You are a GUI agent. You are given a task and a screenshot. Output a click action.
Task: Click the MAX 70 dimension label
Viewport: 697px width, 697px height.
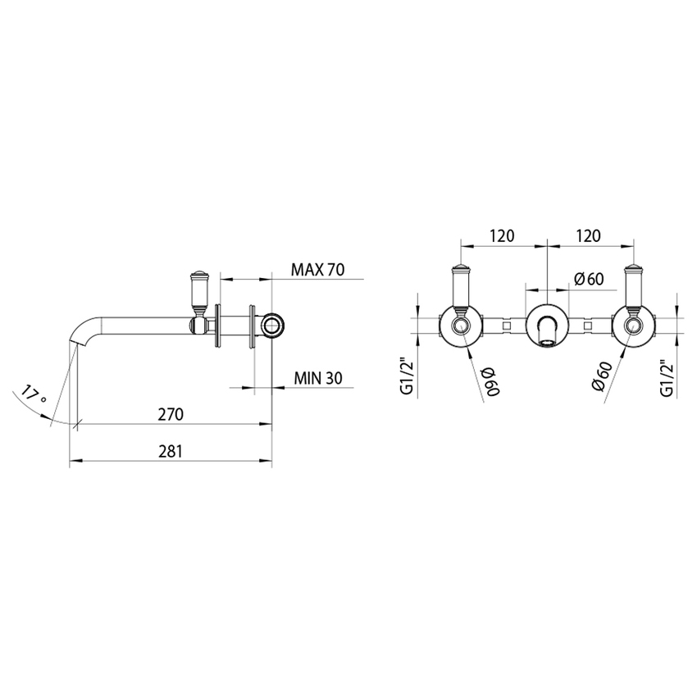pos(317,270)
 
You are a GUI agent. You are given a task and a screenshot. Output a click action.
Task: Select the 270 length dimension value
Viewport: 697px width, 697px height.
pos(170,414)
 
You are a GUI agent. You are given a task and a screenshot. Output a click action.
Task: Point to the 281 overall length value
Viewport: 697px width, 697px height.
pos(170,450)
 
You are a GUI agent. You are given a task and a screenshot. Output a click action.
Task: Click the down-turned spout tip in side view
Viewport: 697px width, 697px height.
pos(78,344)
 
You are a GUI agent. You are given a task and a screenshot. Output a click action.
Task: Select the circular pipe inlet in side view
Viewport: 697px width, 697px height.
pos(272,326)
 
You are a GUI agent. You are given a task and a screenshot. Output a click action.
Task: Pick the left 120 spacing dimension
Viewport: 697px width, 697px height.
pos(502,235)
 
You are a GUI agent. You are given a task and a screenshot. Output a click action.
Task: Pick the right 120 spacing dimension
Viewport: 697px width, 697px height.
pos(588,235)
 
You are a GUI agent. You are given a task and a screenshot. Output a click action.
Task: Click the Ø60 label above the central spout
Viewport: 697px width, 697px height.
pos(589,279)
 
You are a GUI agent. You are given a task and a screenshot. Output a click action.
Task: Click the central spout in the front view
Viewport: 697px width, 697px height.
pos(547,327)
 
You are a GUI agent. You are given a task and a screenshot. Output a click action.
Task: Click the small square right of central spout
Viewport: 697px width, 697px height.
pos(588,326)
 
